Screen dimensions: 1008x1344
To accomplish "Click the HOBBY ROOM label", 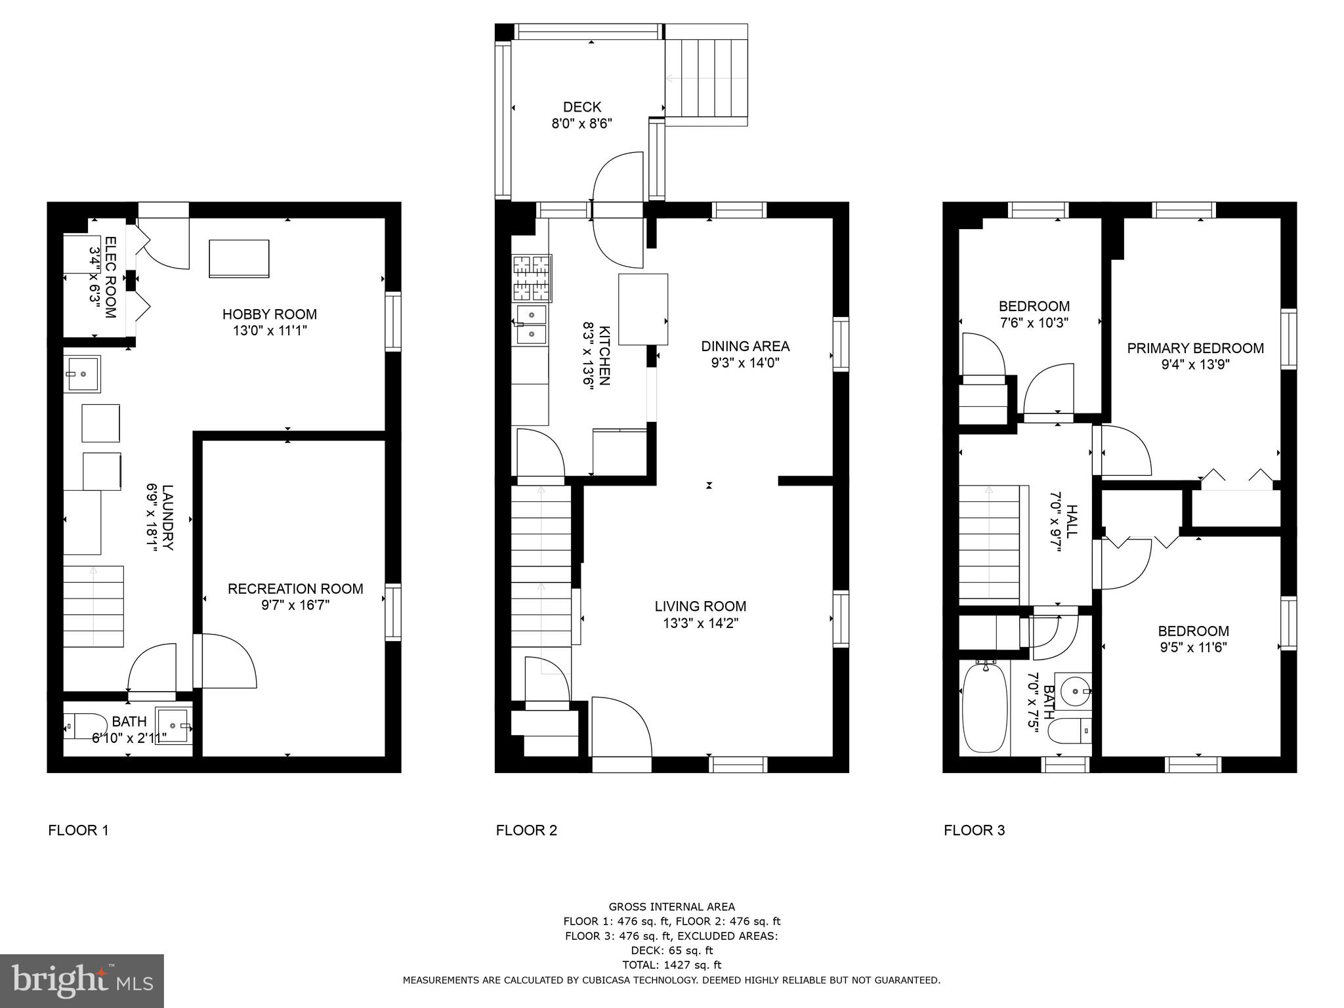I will coord(269,314).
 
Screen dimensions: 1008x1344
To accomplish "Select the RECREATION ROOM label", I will coord(295,589).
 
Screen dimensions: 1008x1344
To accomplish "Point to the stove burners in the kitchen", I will coord(531,278).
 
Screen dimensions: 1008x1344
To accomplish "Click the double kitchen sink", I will coord(532,325).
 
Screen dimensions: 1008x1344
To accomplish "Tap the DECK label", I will coord(581,107).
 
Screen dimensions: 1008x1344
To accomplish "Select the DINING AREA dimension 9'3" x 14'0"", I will coord(745,362).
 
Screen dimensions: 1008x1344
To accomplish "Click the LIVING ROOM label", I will coord(700,606).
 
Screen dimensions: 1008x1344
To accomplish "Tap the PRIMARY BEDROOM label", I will coord(1195,348).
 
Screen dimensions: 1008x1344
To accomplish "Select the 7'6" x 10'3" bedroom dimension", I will coord(1034,323).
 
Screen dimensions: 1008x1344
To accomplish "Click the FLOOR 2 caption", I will coord(526,830).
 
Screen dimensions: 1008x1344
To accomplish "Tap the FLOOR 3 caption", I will coord(974,830).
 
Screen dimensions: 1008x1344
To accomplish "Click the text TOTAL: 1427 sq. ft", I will coord(671,965).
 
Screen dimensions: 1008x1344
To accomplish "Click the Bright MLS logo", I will coord(82,981).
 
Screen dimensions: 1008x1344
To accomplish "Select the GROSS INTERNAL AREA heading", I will coord(671,907).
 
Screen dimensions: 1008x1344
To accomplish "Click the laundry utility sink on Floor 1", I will coord(82,374).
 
